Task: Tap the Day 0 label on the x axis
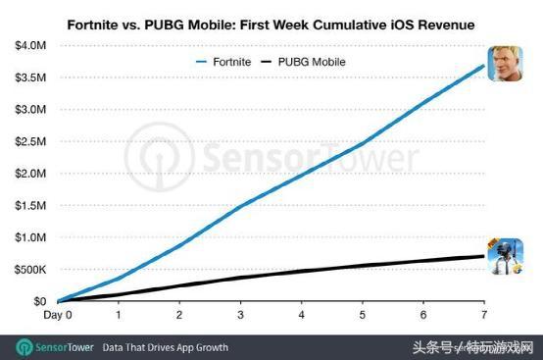point(58,315)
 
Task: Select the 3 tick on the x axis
point(241,315)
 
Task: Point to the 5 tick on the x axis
point(363,315)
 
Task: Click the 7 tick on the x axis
point(484,315)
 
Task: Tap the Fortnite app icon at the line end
point(506,64)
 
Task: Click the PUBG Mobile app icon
point(506,258)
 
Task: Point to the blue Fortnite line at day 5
point(363,143)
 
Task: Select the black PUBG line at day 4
point(302,272)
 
